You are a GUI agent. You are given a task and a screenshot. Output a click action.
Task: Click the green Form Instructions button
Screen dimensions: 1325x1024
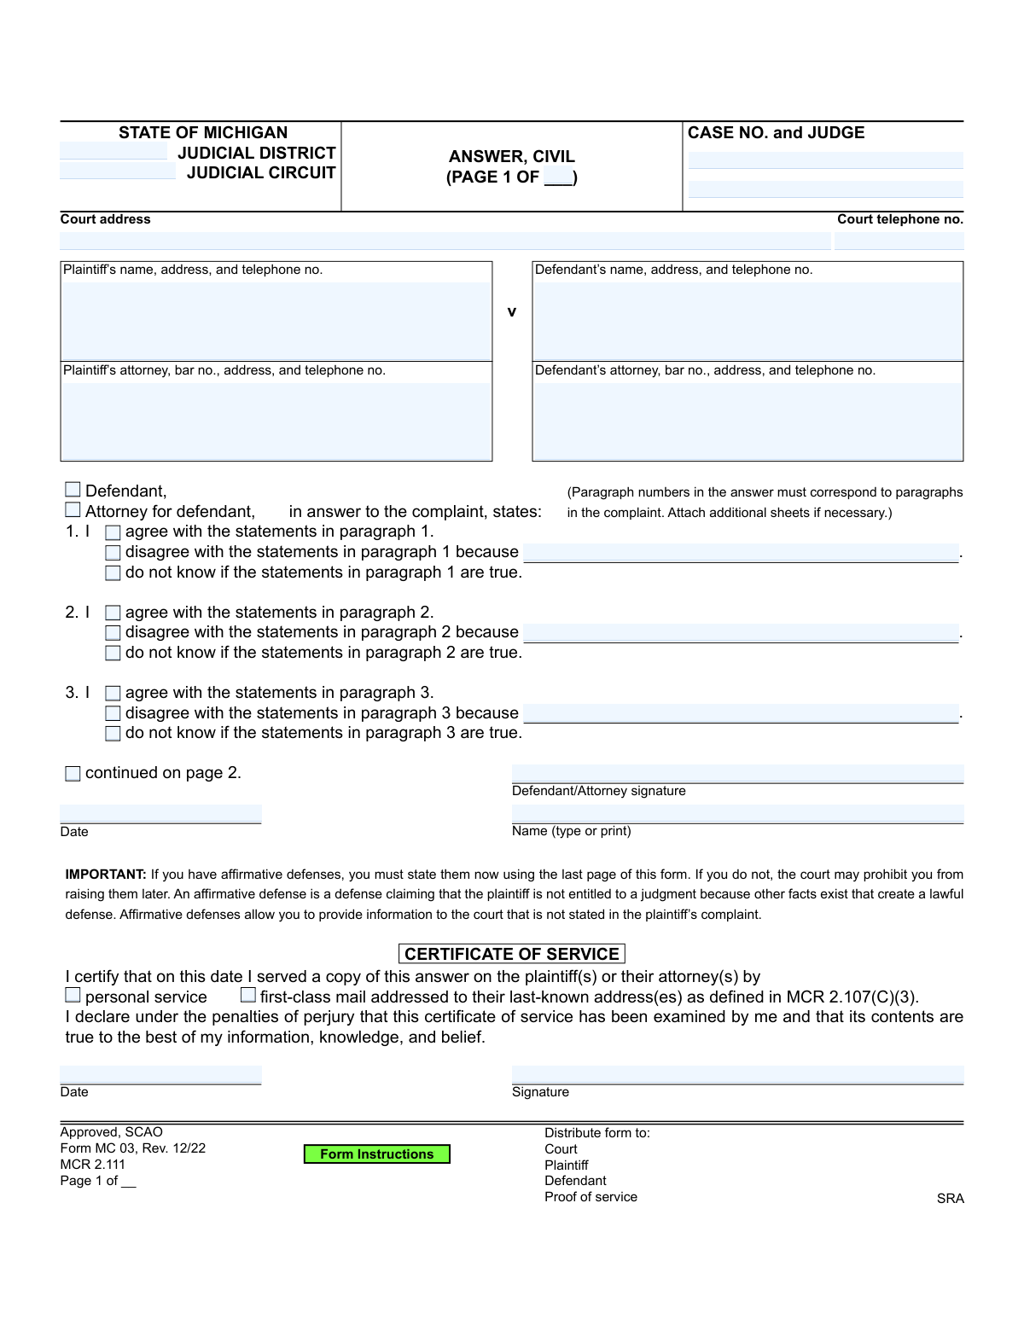pyautogui.click(x=376, y=1154)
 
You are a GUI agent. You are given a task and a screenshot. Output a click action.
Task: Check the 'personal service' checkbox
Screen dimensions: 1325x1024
pyautogui.click(x=73, y=995)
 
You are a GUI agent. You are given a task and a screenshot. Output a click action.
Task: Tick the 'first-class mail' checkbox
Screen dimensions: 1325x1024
pyautogui.click(x=248, y=995)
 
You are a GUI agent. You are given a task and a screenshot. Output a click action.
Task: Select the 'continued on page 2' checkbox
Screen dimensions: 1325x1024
pyautogui.click(x=73, y=774)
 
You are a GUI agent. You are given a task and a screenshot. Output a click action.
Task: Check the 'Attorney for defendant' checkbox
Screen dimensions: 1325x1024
pyautogui.click(x=73, y=510)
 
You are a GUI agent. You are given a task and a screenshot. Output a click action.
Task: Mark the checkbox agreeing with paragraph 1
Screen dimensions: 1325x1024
pyautogui.click(x=113, y=532)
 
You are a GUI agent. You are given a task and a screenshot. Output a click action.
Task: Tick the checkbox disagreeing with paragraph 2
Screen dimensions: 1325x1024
pyautogui.click(x=113, y=633)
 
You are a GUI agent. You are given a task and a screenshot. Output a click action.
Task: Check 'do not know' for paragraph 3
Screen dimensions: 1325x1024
pyautogui.click(x=113, y=734)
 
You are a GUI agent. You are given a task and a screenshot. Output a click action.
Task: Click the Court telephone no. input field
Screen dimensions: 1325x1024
pyautogui.click(x=899, y=241)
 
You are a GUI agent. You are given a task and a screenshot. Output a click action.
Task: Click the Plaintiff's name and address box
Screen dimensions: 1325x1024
pyautogui.click(x=276, y=321)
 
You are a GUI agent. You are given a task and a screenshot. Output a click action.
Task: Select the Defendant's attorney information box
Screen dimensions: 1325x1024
pyautogui.click(x=748, y=421)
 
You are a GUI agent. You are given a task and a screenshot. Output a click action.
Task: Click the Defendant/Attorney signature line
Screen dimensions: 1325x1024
pyautogui.click(x=737, y=773)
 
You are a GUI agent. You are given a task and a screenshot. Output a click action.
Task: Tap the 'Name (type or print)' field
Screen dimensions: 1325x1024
pyautogui.click(x=737, y=813)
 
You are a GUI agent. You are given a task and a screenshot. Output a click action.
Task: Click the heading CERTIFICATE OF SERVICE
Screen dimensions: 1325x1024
pyautogui.click(x=512, y=954)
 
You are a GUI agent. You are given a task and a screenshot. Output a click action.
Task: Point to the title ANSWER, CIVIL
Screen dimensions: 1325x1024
pyautogui.click(x=512, y=157)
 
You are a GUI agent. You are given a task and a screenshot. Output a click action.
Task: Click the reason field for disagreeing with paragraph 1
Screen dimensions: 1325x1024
pyautogui.click(x=741, y=553)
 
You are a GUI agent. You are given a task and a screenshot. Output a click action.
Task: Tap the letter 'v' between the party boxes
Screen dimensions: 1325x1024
pyautogui.click(x=512, y=312)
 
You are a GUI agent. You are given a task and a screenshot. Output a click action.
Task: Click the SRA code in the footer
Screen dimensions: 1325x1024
pyautogui.click(x=950, y=1199)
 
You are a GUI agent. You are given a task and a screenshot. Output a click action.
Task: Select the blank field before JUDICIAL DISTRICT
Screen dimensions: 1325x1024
pyautogui.click(x=113, y=152)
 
